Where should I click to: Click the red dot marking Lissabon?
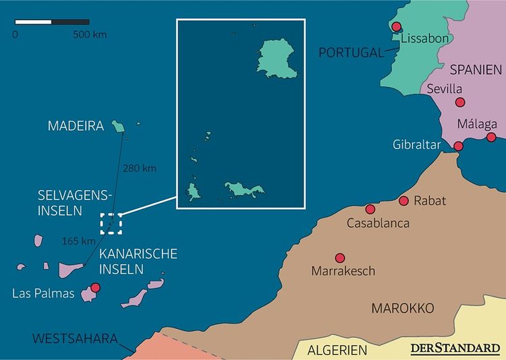(x=397, y=27)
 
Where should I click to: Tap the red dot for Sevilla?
(x=460, y=102)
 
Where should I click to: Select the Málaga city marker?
(x=491, y=137)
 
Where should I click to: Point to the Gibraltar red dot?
(x=459, y=146)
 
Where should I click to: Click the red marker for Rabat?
(x=404, y=201)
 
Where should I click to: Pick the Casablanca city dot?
(x=370, y=209)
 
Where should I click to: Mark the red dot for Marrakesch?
(x=339, y=258)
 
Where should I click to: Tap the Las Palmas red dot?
(x=95, y=288)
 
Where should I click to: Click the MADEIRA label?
(x=76, y=126)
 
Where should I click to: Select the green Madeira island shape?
(x=119, y=126)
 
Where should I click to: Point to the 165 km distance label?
(x=78, y=241)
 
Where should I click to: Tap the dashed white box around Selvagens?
(x=111, y=223)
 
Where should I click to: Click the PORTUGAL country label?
(x=350, y=53)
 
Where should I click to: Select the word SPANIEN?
(x=476, y=69)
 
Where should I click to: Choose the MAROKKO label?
(x=402, y=308)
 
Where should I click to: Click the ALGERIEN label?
(x=337, y=351)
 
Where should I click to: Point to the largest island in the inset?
(x=277, y=59)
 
